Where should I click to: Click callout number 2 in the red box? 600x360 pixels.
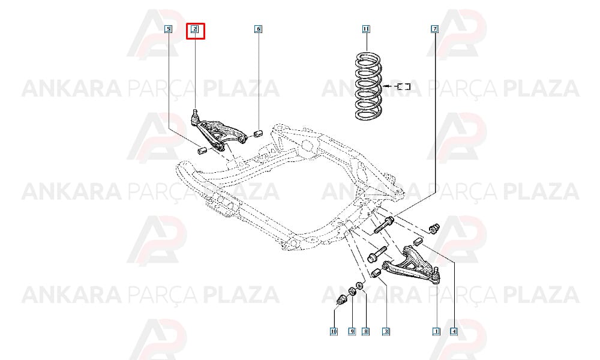click(x=195, y=29)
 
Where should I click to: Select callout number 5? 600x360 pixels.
click(x=168, y=29)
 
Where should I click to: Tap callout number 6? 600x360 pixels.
click(x=258, y=29)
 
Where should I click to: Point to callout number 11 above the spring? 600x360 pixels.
click(x=366, y=29)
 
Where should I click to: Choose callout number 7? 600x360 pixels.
click(x=434, y=29)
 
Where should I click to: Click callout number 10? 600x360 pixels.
click(x=334, y=331)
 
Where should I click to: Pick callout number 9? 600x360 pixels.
click(x=352, y=331)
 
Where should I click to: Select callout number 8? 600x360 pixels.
click(x=366, y=331)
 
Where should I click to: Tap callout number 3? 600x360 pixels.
click(x=386, y=331)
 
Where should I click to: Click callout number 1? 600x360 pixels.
click(x=436, y=331)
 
